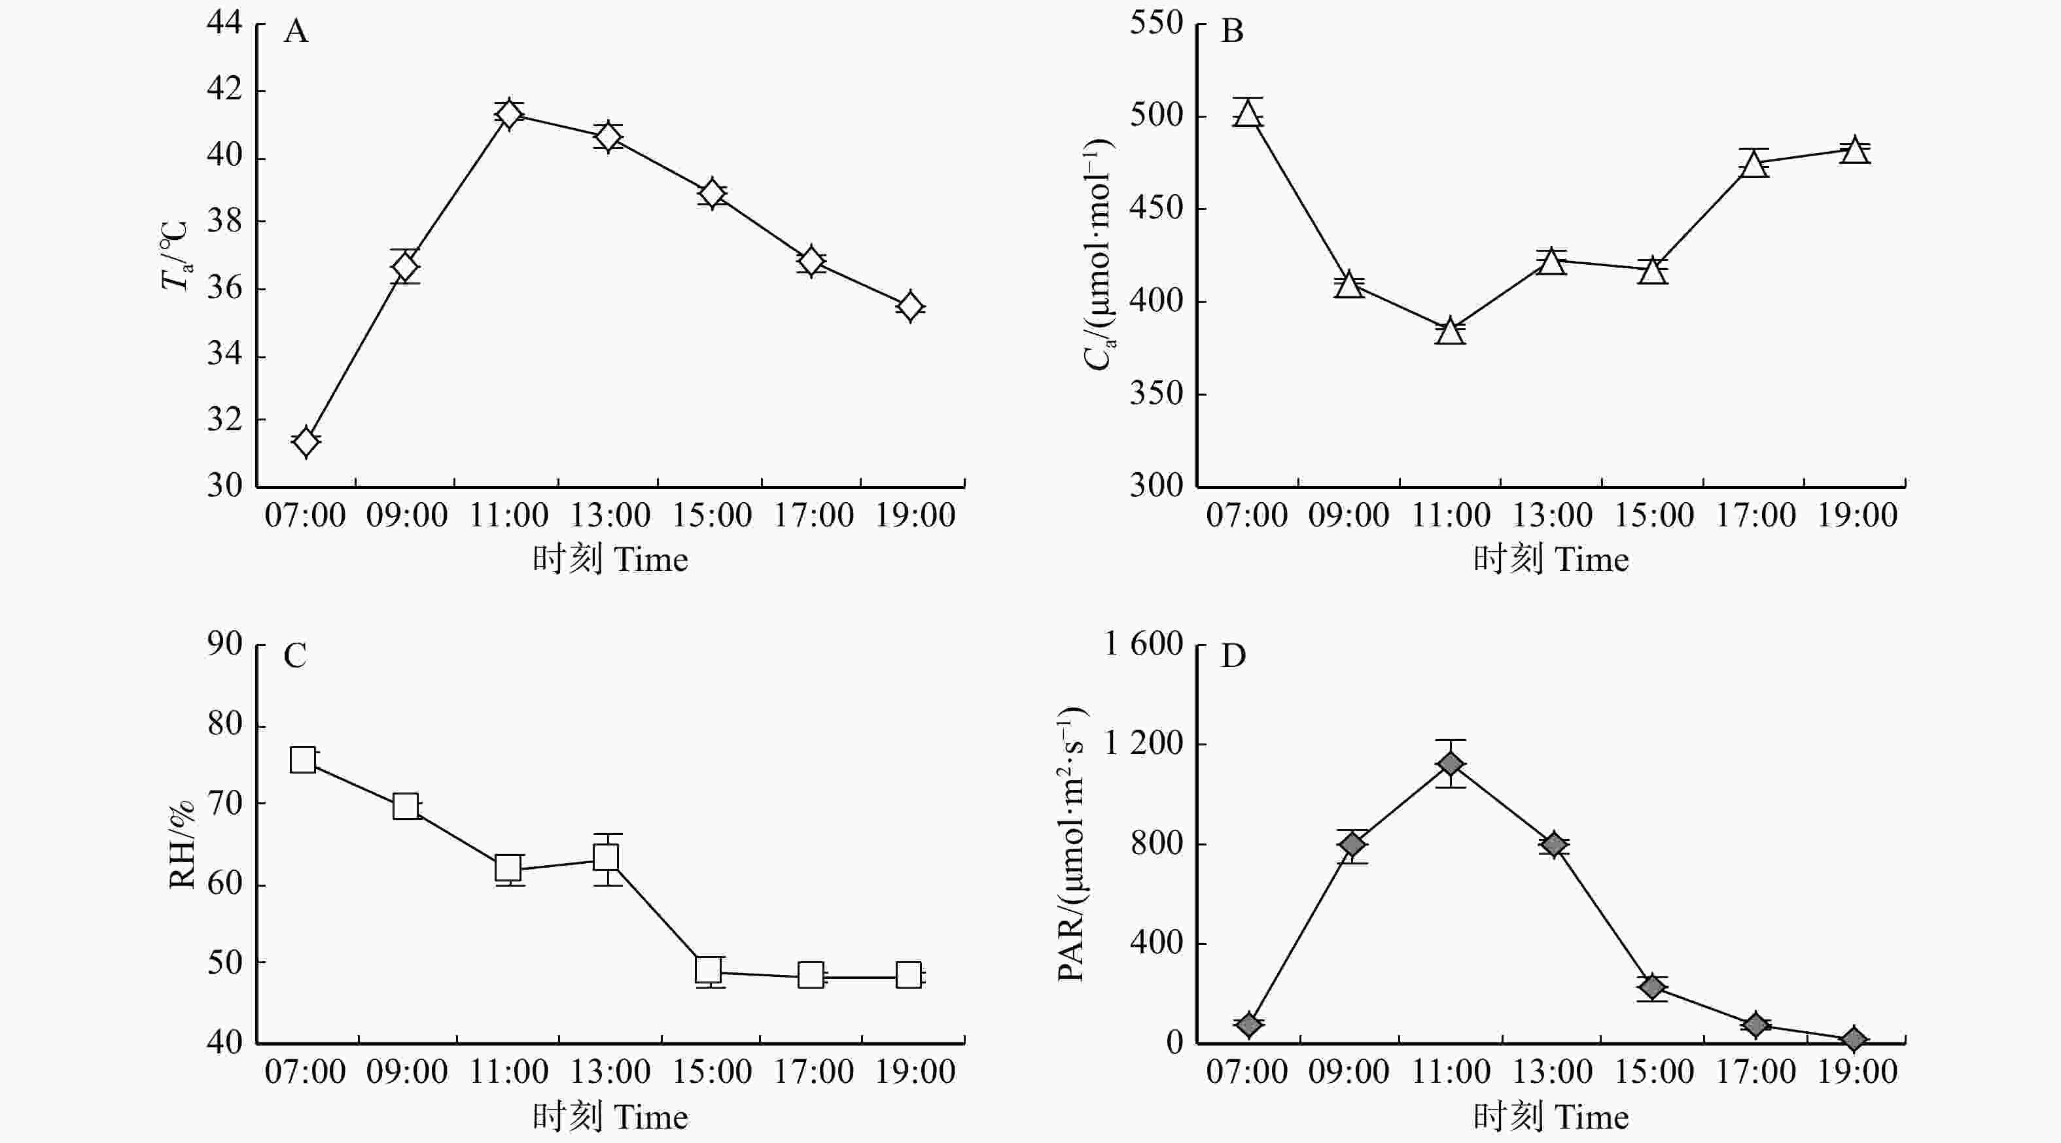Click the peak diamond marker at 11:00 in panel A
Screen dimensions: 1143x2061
pos(509,114)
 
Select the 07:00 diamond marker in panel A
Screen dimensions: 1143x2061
pos(306,441)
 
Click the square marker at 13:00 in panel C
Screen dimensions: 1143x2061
pos(607,857)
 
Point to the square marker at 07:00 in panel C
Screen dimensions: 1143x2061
pos(302,760)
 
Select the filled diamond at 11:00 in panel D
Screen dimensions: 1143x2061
pos(1451,764)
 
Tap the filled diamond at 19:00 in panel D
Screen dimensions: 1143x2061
pos(1855,1039)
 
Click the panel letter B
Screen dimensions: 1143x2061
pos(1233,32)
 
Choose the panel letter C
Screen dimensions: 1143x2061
pos(295,656)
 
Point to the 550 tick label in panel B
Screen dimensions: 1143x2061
pos(1156,22)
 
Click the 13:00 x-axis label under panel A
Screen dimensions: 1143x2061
pos(610,515)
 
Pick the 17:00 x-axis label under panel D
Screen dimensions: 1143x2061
pos(1755,1072)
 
